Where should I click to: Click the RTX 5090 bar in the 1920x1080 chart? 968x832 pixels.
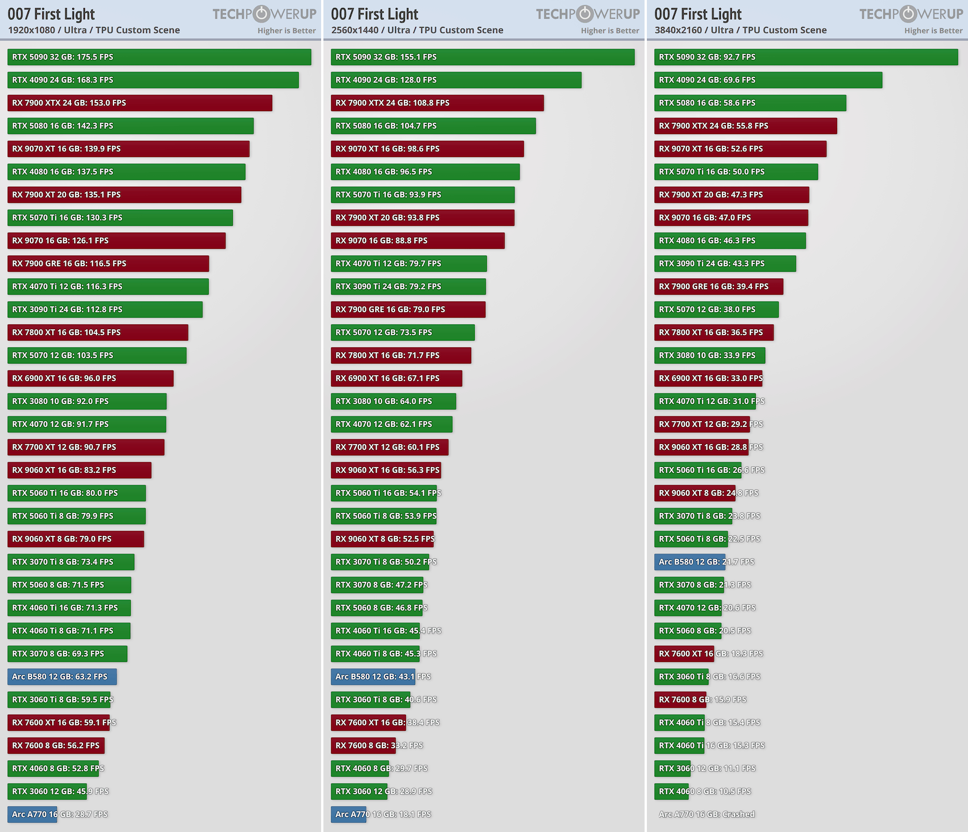(159, 57)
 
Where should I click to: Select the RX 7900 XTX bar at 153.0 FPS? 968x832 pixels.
(140, 103)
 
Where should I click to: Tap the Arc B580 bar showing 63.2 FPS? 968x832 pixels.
(62, 677)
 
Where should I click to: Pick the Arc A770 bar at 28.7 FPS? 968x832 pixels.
(32, 814)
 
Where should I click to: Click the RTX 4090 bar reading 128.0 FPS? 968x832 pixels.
(456, 80)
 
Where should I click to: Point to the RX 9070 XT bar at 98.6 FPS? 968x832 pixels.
(427, 149)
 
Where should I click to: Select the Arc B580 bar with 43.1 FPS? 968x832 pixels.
(373, 677)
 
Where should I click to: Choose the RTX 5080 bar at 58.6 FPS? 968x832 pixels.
(750, 103)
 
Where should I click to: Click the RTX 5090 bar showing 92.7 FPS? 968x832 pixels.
(806, 57)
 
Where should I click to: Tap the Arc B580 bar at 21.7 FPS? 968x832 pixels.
(690, 562)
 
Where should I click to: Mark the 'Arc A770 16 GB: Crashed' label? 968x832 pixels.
(707, 814)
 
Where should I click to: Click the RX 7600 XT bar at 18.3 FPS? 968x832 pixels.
(684, 654)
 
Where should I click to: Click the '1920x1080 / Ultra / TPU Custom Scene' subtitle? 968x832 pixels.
(94, 30)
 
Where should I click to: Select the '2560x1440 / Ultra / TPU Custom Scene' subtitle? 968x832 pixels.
(417, 30)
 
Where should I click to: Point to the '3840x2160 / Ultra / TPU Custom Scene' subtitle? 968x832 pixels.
(741, 30)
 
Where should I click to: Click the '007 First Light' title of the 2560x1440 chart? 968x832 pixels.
(374, 14)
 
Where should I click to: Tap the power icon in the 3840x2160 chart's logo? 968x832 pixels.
(908, 14)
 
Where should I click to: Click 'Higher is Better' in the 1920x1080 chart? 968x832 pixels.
(287, 30)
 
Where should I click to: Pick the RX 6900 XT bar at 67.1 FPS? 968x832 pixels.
(396, 378)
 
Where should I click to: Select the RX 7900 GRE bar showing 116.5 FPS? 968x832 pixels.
(108, 263)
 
